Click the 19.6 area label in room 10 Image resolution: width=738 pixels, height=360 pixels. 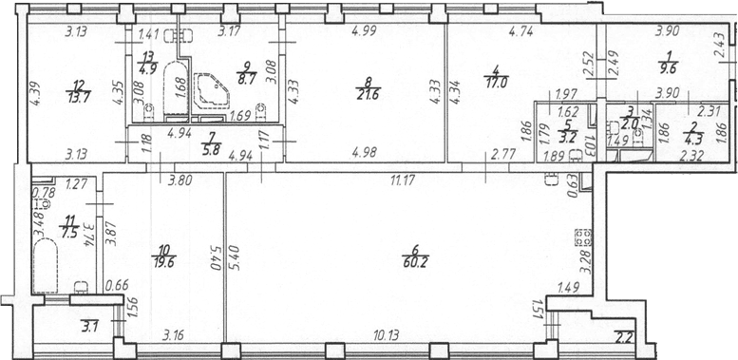tap(163, 262)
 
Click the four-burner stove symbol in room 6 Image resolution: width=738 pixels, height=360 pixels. tap(584, 237)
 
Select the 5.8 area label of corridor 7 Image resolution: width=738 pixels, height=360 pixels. tap(209, 152)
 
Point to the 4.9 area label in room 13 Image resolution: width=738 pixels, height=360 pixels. tap(147, 65)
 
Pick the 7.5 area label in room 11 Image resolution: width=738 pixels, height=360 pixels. tap(69, 234)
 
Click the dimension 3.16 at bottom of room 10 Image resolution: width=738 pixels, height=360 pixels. tap(174, 335)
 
